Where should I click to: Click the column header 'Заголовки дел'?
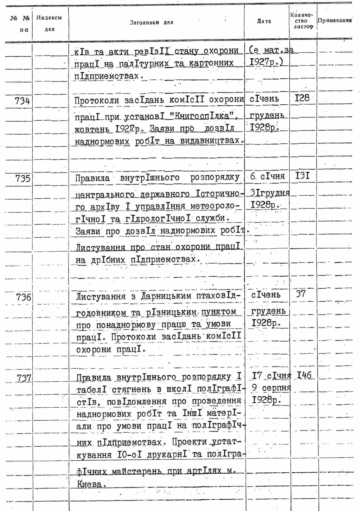coord(152,23)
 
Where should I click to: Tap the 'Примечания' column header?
coord(334,20)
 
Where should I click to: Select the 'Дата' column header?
coord(264,21)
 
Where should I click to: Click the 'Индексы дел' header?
coord(49,23)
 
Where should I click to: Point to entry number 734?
coord(22,101)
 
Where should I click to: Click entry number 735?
coord(23,179)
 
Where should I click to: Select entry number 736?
coord(24,297)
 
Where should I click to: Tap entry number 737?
coord(24,378)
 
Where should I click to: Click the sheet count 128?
coord(302,98)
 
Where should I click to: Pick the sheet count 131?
coord(302,175)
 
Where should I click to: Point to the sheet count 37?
coord(301,294)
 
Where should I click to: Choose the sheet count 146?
coord(304,375)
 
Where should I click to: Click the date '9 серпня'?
coord(271,388)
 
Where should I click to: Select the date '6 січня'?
coord(267,176)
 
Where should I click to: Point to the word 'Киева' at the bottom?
coord(89,485)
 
